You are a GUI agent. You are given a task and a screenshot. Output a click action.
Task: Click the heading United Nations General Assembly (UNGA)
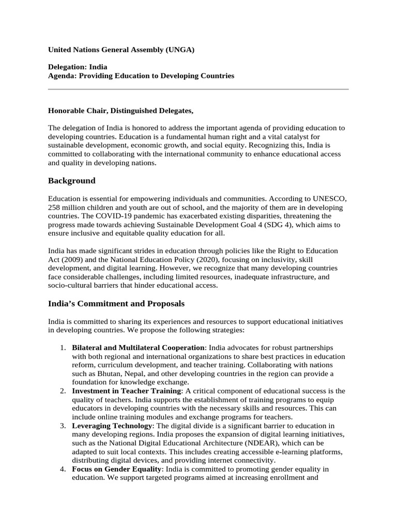coord(121,50)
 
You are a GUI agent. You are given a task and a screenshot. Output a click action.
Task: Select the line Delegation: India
coord(78,67)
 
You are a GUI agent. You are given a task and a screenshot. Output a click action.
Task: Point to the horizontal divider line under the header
coord(198,89)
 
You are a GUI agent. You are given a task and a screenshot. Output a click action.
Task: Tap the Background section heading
coord(72,181)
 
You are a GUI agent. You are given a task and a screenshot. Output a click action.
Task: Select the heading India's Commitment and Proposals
coord(116,303)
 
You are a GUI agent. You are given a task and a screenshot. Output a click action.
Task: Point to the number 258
coord(54,207)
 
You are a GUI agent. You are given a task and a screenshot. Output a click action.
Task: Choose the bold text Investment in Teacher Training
coord(126,391)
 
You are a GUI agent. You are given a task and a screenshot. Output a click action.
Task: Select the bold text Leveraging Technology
coord(112,426)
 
